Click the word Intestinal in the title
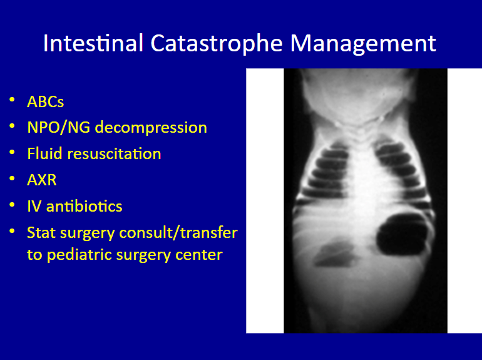[x=93, y=43]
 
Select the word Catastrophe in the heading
[x=217, y=43]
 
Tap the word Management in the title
[x=363, y=44]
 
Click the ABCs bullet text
[x=46, y=101]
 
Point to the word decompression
[x=151, y=128]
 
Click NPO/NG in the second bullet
[x=59, y=127]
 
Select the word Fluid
[x=45, y=153]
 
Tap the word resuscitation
[x=114, y=153]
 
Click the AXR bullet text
[x=42, y=180]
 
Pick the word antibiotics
[x=85, y=206]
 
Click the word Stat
[x=41, y=232]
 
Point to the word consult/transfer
[x=178, y=232]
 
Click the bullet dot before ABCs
[x=12, y=99]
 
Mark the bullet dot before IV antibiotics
[x=12, y=204]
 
